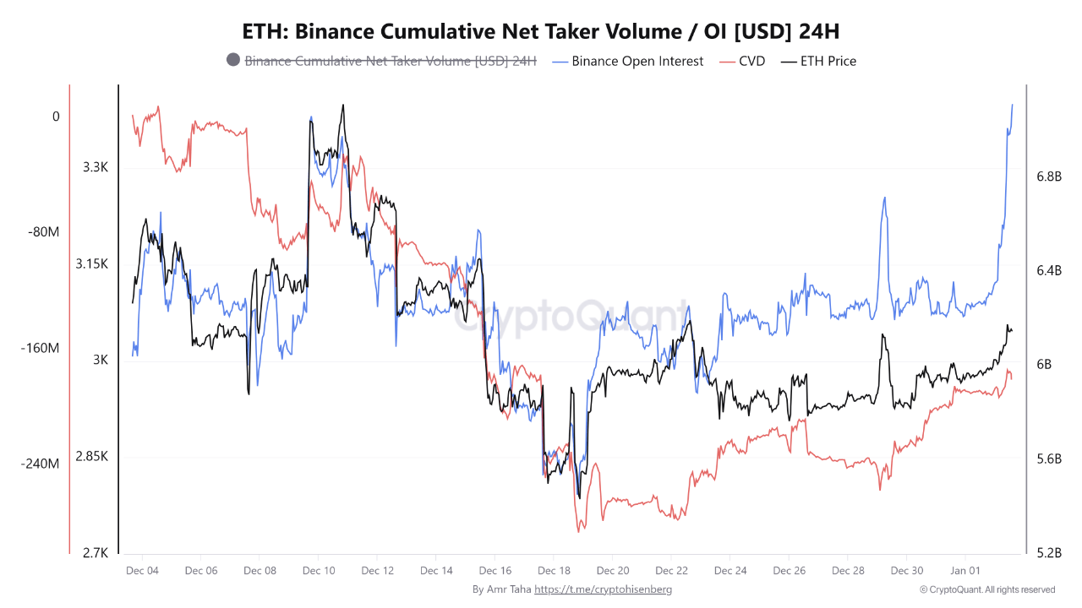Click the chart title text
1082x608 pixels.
[x=541, y=31]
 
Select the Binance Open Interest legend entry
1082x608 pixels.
[x=637, y=61]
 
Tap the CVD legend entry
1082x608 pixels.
[x=751, y=61]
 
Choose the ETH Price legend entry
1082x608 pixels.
[x=828, y=61]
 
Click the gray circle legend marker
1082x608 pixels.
[x=233, y=61]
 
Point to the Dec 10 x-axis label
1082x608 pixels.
[x=319, y=570]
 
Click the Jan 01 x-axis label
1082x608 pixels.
[x=965, y=570]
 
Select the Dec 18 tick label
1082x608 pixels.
[x=554, y=570]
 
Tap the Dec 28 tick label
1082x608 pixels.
[x=848, y=570]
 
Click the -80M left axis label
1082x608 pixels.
[x=42, y=232]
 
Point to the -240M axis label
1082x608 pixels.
[x=40, y=464]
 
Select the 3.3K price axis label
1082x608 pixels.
[x=96, y=167]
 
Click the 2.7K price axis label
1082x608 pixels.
[x=96, y=553]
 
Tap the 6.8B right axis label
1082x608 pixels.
[x=1048, y=176]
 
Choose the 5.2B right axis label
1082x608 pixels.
[x=1048, y=553]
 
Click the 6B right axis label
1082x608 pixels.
[x=1043, y=365]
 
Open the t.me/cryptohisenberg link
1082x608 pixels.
[x=604, y=589]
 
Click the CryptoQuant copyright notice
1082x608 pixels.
[x=987, y=589]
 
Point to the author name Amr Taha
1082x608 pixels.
[x=509, y=589]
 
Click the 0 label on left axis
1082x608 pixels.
[x=56, y=117]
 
